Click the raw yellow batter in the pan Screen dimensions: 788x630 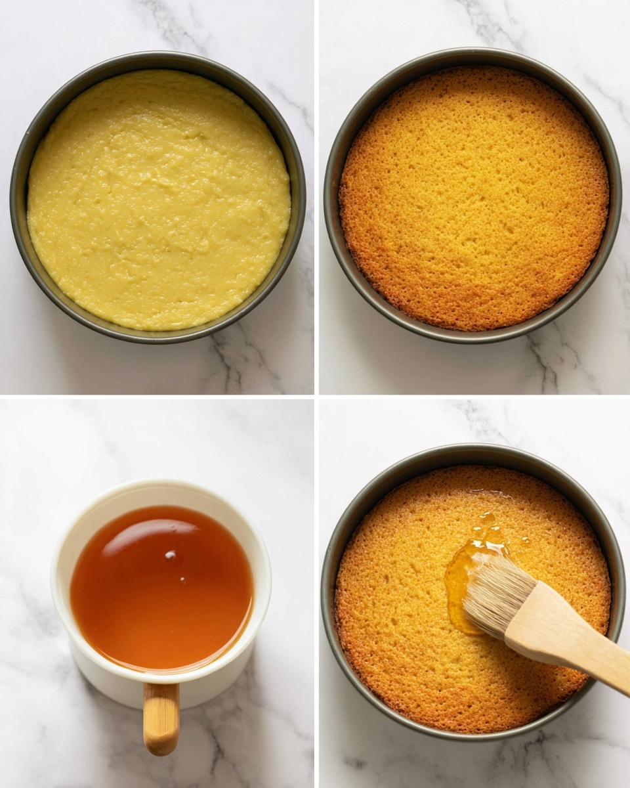[x=157, y=197]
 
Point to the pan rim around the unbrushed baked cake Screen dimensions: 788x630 [x=331, y=197]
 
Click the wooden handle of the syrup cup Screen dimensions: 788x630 [x=161, y=716]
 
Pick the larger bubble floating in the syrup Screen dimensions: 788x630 [x=171, y=558]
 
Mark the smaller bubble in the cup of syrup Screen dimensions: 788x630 [x=182, y=580]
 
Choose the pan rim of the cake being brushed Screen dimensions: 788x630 [x=328, y=591]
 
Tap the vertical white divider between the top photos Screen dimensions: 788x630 [x=316, y=197]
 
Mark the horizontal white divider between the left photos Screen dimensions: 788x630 [x=157, y=396]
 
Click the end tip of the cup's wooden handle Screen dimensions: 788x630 [x=161, y=749]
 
